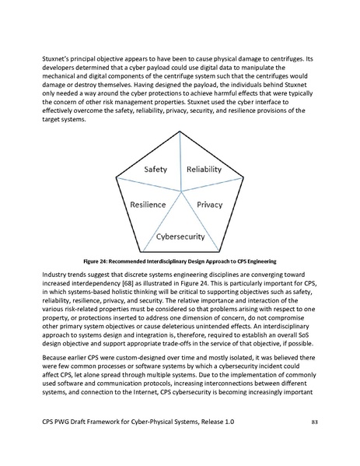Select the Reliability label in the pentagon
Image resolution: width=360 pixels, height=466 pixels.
[204, 170]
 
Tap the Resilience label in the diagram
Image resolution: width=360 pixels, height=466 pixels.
[148, 205]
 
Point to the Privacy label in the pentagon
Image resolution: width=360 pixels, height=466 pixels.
[209, 205]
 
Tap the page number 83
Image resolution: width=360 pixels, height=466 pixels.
[315, 444]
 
